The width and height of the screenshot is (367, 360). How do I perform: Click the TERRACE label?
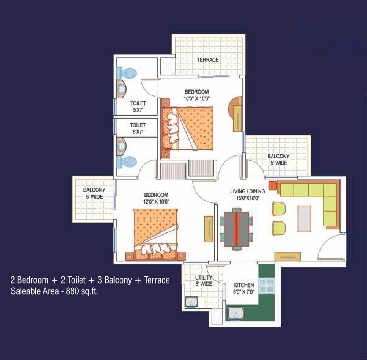pos(208,60)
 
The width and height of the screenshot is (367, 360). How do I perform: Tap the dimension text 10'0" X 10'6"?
pos(197,99)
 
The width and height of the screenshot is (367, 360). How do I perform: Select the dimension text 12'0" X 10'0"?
pos(156,202)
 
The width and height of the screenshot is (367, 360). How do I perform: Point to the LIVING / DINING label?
pos(248,191)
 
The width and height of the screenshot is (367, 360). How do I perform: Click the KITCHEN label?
pos(243,285)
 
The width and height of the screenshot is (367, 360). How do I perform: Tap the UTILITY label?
pos(204,277)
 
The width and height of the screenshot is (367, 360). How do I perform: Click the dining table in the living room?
pos(236,229)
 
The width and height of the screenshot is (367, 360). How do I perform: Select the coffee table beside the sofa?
pos(304,218)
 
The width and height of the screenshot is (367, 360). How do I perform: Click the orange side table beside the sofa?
pos(272,185)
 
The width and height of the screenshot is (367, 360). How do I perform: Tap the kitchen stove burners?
pos(266,286)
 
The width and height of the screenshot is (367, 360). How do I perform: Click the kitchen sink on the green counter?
pos(236,313)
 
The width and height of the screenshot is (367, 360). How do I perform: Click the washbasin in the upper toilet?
pos(121,89)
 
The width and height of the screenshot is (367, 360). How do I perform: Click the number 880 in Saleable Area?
pos(72,291)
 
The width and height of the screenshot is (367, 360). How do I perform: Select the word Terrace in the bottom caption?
pos(157,280)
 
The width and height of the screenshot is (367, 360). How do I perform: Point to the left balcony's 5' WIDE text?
pos(94,197)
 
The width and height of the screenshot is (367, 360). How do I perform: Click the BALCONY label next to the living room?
pos(278,156)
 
